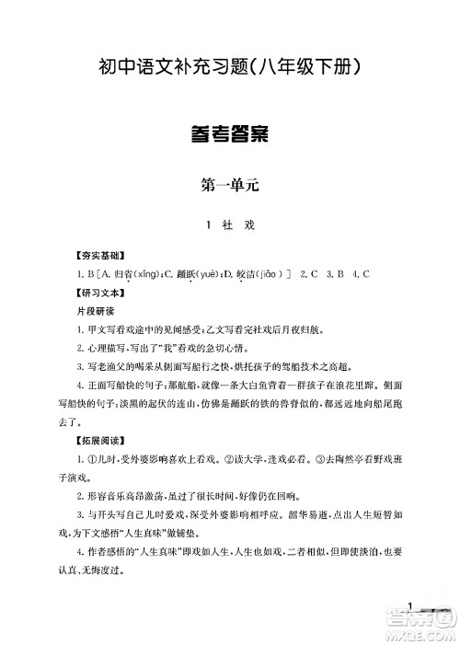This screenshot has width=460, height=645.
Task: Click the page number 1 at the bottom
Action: pyautogui.click(x=416, y=605)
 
